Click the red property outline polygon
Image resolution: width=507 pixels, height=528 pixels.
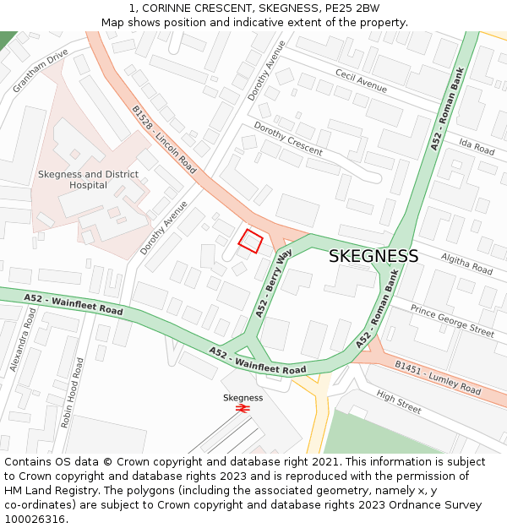click(249, 242)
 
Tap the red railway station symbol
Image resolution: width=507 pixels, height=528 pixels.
click(243, 408)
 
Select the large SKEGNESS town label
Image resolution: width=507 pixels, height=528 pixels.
click(373, 256)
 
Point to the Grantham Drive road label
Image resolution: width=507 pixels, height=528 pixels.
click(41, 71)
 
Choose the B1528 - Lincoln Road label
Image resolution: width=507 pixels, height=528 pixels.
click(164, 140)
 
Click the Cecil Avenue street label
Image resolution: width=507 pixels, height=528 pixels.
click(361, 81)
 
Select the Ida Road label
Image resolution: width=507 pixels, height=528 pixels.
click(477, 145)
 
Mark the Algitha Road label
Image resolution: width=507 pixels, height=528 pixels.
click(467, 262)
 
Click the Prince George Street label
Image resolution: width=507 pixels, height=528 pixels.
click(452, 320)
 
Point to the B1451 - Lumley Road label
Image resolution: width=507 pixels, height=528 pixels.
click(437, 378)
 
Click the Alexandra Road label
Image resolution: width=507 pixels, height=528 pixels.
click(23, 340)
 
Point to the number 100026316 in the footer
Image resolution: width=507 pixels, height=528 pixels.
click(35, 520)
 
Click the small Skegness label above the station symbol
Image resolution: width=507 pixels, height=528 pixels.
click(243, 397)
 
